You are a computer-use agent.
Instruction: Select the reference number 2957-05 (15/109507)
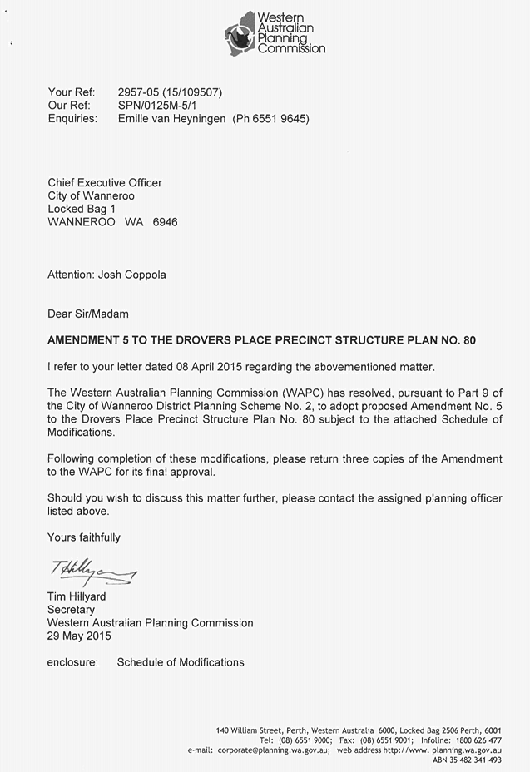pyautogui.click(x=171, y=92)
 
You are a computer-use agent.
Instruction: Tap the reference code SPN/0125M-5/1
pyautogui.click(x=159, y=105)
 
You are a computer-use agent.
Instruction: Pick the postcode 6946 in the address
pyautogui.click(x=165, y=222)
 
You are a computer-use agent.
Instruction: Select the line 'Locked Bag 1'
pyautogui.click(x=82, y=209)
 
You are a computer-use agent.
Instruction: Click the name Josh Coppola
pyautogui.click(x=132, y=275)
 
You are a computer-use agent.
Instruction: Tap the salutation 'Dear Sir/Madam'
pyautogui.click(x=88, y=314)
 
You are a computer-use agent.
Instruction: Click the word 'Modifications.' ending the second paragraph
pyautogui.click(x=82, y=433)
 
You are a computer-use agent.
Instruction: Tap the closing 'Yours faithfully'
pyautogui.click(x=84, y=537)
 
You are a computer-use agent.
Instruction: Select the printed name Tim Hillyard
pyautogui.click(x=77, y=596)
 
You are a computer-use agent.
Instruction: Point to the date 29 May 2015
pyautogui.click(x=79, y=636)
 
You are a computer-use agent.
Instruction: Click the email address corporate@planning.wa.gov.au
pyautogui.click(x=274, y=750)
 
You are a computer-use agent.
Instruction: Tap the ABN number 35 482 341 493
pyautogui.click(x=478, y=760)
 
